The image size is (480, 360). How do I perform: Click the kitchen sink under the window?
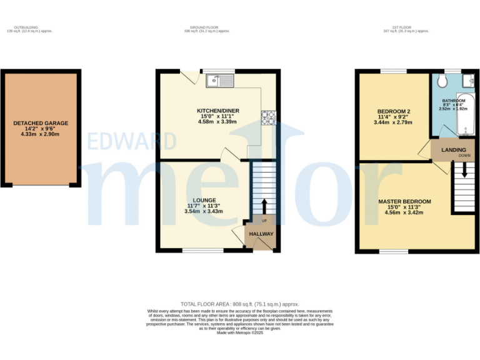click(221, 80)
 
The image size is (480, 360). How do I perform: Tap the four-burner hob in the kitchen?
click(267, 117)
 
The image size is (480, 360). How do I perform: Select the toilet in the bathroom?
click(442, 80)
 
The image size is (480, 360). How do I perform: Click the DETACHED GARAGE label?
click(41, 123)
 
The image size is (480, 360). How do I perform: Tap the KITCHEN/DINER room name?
click(219, 111)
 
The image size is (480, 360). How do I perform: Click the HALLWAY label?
click(261, 234)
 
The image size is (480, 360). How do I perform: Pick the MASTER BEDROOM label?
click(404, 201)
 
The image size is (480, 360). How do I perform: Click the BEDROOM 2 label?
click(391, 111)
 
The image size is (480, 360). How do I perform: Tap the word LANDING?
click(453, 150)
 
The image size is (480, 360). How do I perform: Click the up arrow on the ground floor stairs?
click(263, 206)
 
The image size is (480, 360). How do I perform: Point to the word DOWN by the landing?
click(464, 156)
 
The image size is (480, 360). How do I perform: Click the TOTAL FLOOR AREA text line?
click(240, 304)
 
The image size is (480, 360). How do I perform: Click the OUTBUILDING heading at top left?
click(26, 27)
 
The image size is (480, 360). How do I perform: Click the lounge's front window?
click(202, 251)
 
